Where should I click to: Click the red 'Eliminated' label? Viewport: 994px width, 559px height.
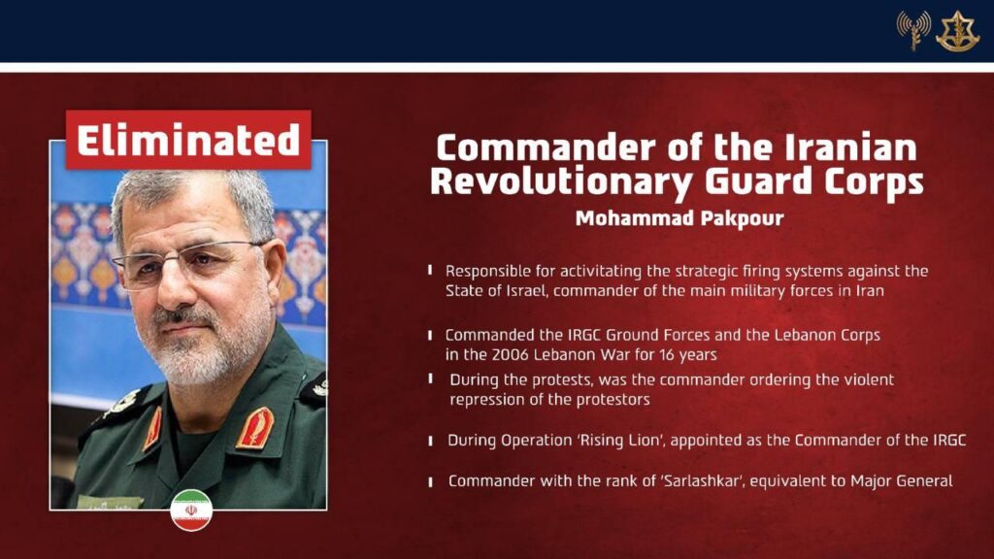[x=188, y=140]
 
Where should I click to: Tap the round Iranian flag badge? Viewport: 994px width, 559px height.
[x=191, y=510]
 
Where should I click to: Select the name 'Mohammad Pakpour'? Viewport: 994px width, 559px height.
[x=679, y=218]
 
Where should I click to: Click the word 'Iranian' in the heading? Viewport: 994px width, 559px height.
[x=850, y=148]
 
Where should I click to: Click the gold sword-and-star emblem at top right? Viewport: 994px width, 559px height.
[x=958, y=31]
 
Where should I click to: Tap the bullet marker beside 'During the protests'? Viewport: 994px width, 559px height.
[x=430, y=379]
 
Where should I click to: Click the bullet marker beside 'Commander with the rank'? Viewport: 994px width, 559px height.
[x=430, y=481]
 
